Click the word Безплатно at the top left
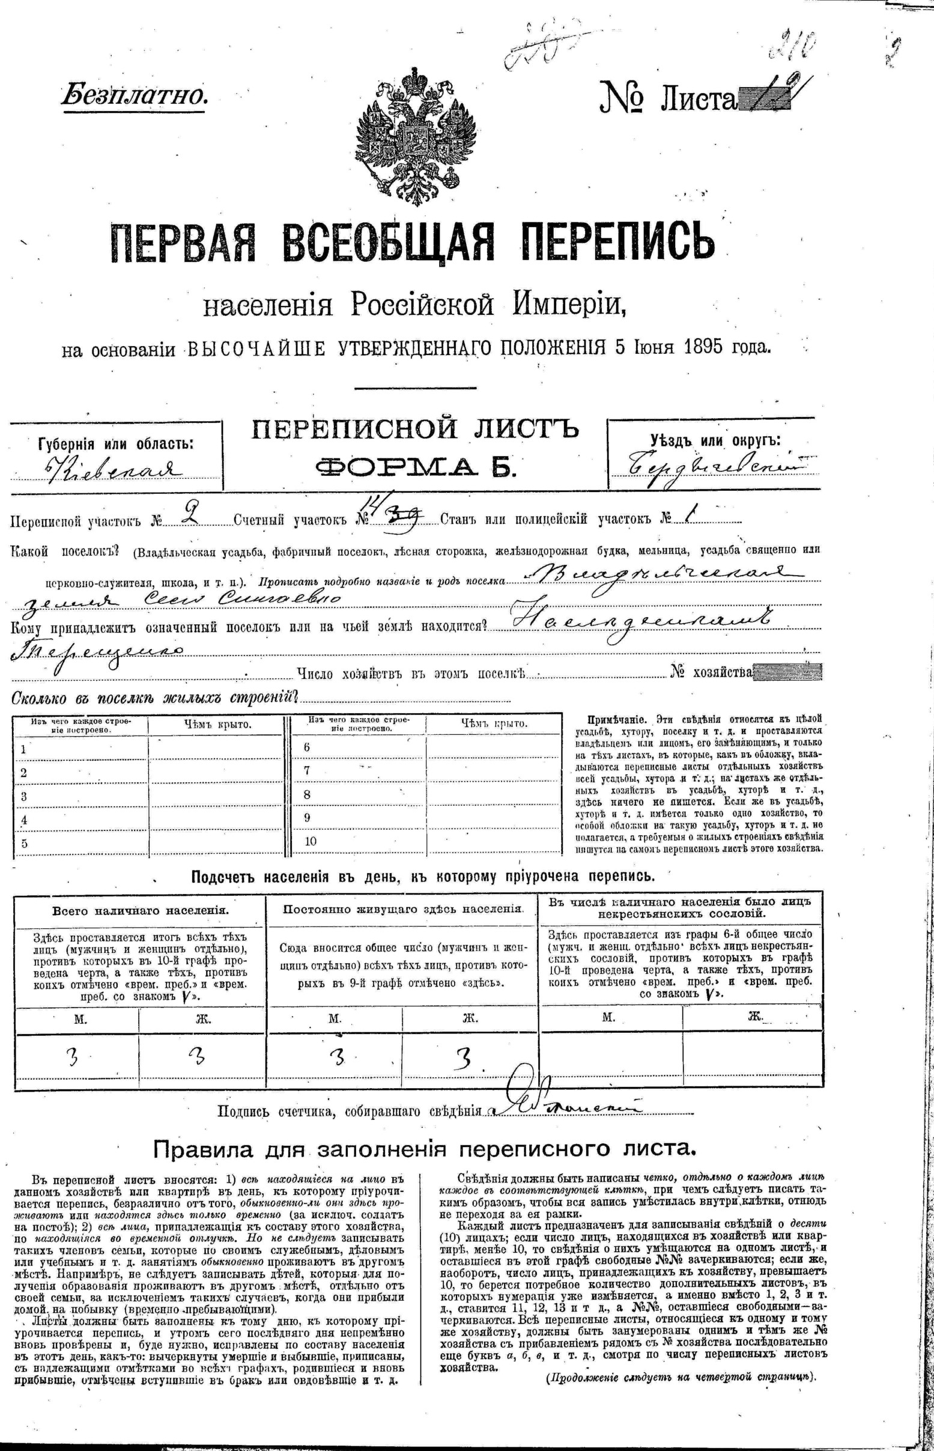pyautogui.click(x=135, y=96)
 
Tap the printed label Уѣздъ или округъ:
pyautogui.click(x=715, y=441)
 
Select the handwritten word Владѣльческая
pyautogui.click(x=661, y=574)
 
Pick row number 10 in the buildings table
pyautogui.click(x=311, y=841)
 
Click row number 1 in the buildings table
pyautogui.click(x=23, y=749)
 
